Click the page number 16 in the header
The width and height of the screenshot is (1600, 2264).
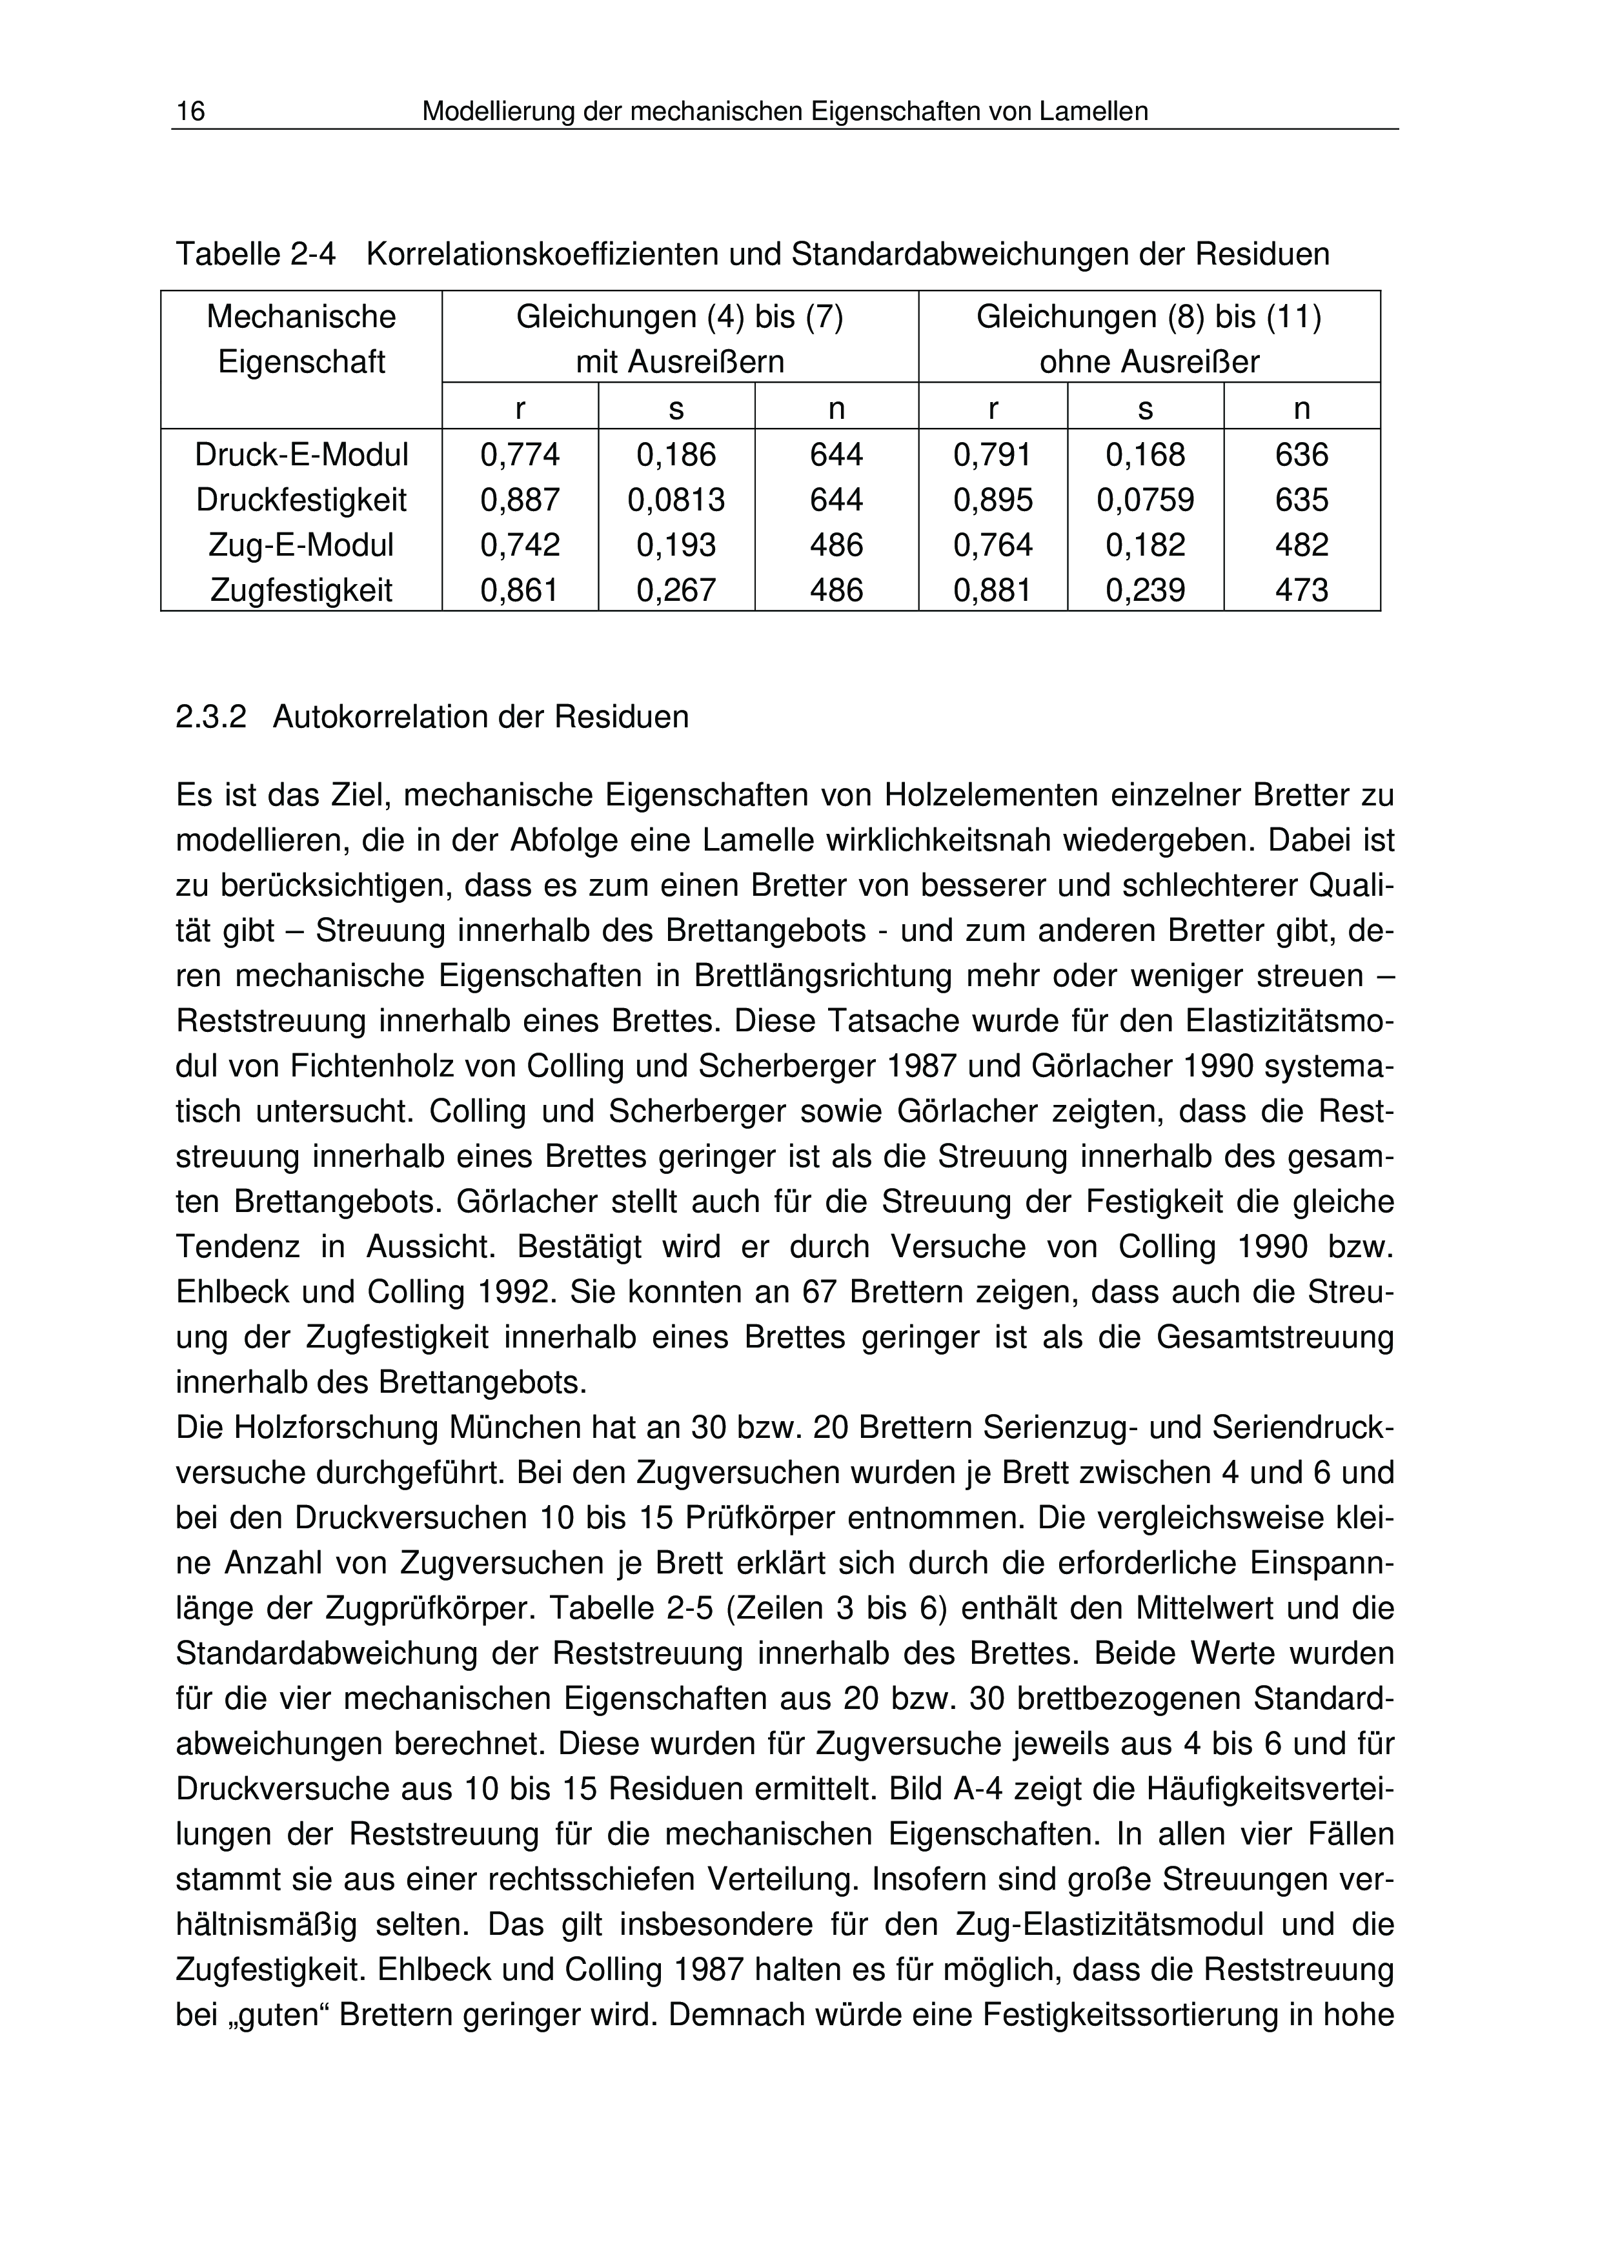coord(190,112)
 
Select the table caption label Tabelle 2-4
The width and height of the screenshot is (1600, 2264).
coord(256,254)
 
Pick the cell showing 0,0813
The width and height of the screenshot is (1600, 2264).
coord(676,500)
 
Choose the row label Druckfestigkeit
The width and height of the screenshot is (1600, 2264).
coord(301,500)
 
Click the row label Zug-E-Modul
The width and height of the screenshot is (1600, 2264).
coord(301,545)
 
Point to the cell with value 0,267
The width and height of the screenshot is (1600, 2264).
coord(676,591)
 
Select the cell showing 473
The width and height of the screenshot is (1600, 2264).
coord(1301,591)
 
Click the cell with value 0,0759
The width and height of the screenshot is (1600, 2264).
coord(1146,500)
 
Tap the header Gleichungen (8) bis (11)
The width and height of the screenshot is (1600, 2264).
coord(1148,318)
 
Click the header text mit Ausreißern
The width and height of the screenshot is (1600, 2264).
coord(680,363)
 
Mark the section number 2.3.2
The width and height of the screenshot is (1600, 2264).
coord(210,717)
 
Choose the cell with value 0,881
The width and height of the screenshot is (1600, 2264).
coord(993,591)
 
